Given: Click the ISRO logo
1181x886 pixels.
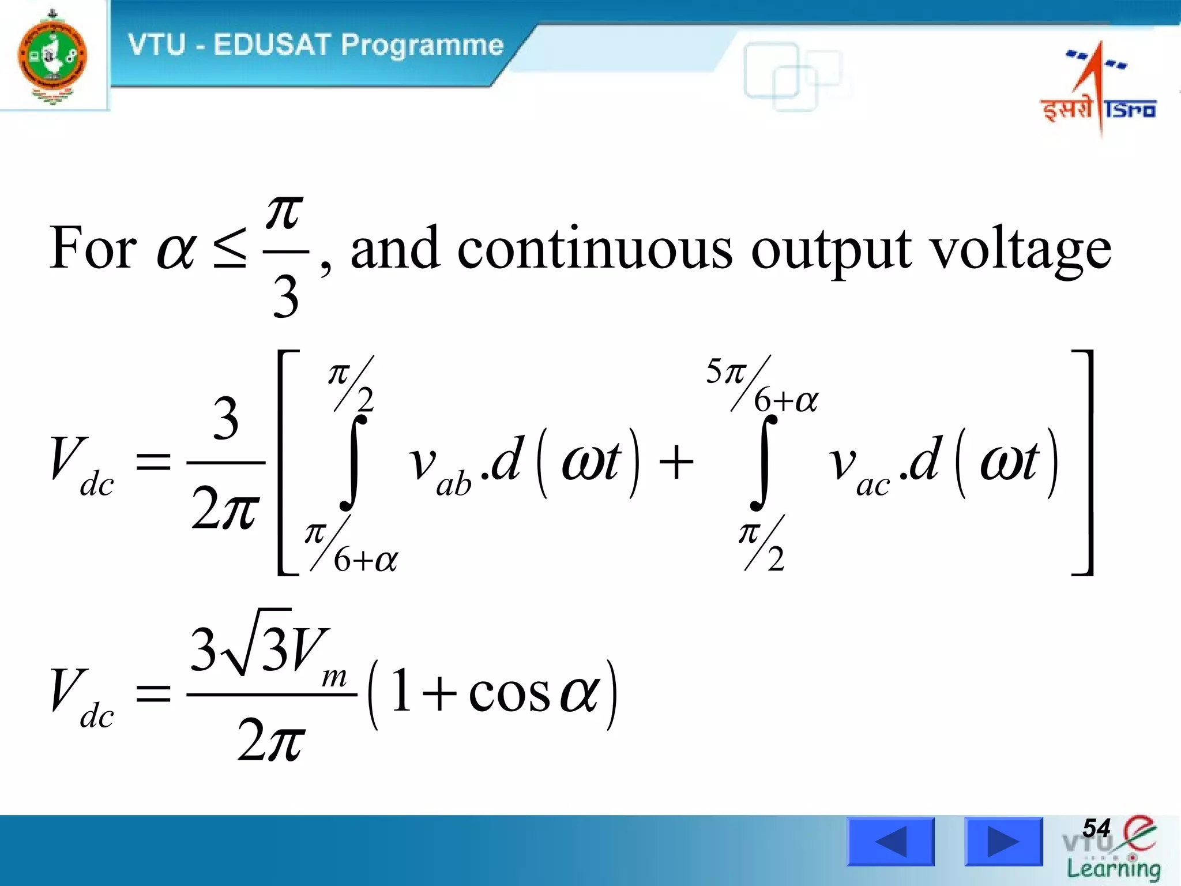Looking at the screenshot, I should point(1099,87).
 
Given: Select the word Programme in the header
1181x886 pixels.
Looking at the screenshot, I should point(422,46).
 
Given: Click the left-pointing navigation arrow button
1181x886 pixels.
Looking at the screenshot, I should point(890,842).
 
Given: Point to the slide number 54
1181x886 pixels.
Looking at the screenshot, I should point(1096,828).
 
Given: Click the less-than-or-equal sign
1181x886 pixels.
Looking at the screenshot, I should point(230,248).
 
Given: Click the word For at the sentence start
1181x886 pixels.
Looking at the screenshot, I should point(93,248).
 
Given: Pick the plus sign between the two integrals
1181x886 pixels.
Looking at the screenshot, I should point(676,463).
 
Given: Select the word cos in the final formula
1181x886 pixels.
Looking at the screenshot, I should point(509,693).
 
